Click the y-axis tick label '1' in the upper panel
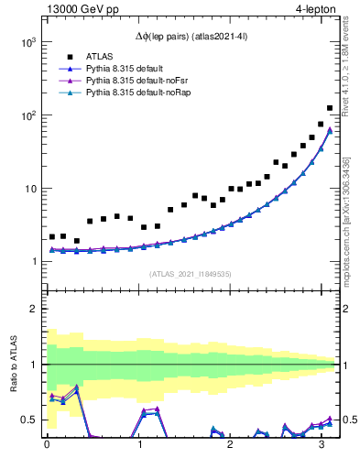(33, 262)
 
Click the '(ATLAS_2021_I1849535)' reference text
(189, 274)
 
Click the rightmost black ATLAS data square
(330, 108)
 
